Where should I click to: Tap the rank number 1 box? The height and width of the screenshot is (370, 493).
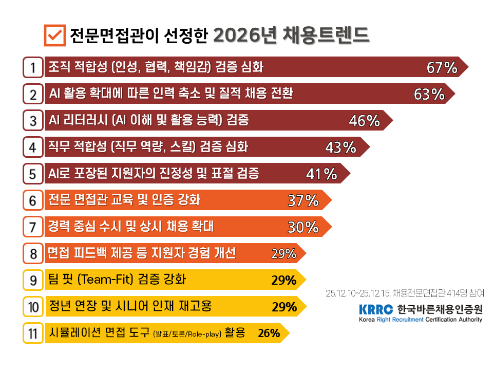[x=33, y=67]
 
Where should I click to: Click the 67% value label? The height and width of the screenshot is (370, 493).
[x=442, y=68]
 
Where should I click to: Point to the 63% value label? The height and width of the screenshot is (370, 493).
[x=429, y=95]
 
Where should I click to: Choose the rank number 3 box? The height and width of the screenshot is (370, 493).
[x=33, y=121]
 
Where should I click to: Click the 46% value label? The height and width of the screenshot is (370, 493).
[x=364, y=121]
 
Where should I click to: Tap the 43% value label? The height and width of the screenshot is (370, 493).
[x=340, y=148]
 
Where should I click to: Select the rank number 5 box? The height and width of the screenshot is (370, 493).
[x=33, y=174]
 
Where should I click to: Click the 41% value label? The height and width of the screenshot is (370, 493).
[x=321, y=175]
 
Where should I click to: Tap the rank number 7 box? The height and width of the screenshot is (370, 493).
[x=33, y=227]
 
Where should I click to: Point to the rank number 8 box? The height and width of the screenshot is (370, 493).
[x=33, y=253]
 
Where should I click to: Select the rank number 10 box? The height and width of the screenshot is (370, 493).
[x=33, y=307]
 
